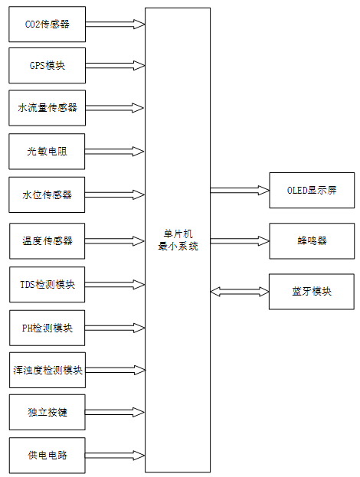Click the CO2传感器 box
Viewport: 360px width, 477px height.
click(47, 25)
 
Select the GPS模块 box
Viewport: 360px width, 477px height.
click(47, 66)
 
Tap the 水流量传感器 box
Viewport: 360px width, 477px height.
click(47, 108)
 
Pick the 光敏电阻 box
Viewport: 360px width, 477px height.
click(47, 152)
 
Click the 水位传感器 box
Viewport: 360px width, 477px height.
click(47, 194)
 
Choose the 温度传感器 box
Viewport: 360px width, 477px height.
click(47, 240)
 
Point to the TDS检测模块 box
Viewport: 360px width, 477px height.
click(47, 285)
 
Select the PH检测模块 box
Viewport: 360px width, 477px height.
click(47, 328)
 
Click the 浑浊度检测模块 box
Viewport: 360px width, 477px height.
click(47, 371)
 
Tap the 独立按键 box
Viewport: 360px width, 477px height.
click(47, 413)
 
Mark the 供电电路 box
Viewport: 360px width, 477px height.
click(47, 456)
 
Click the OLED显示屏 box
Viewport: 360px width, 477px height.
click(311, 190)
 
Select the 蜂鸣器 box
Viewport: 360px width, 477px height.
click(311, 240)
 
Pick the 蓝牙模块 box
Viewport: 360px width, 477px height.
click(311, 291)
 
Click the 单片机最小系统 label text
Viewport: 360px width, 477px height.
click(177, 240)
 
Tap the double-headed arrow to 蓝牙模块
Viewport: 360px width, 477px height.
click(240, 291)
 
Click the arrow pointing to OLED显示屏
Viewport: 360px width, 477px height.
click(240, 190)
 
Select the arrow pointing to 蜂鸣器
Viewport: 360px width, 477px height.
click(240, 240)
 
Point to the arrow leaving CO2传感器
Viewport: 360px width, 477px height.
click(115, 25)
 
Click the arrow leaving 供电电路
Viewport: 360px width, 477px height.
click(115, 456)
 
